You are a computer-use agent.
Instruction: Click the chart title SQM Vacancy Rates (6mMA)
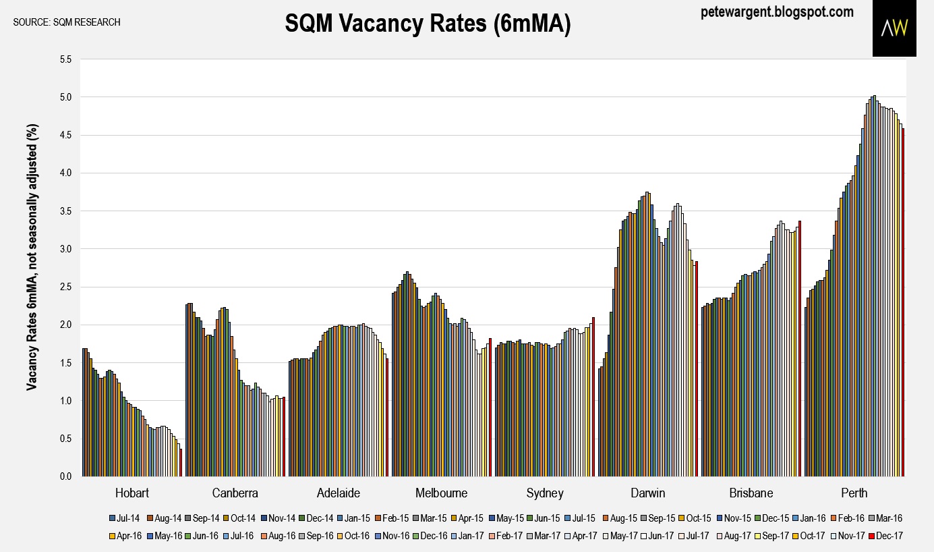428,24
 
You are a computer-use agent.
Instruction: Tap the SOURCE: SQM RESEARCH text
67,22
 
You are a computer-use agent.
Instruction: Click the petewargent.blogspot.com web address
777,12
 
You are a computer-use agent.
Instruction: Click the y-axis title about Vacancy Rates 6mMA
32,257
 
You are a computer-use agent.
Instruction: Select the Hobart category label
132,493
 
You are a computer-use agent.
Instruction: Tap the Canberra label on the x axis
235,493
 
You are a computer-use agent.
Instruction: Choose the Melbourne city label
441,493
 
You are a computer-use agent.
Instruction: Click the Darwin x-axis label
647,493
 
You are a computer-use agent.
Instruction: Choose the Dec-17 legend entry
885,535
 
